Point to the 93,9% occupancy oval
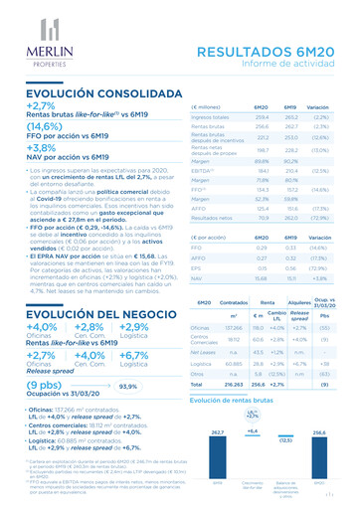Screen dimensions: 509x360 coord(127,386)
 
